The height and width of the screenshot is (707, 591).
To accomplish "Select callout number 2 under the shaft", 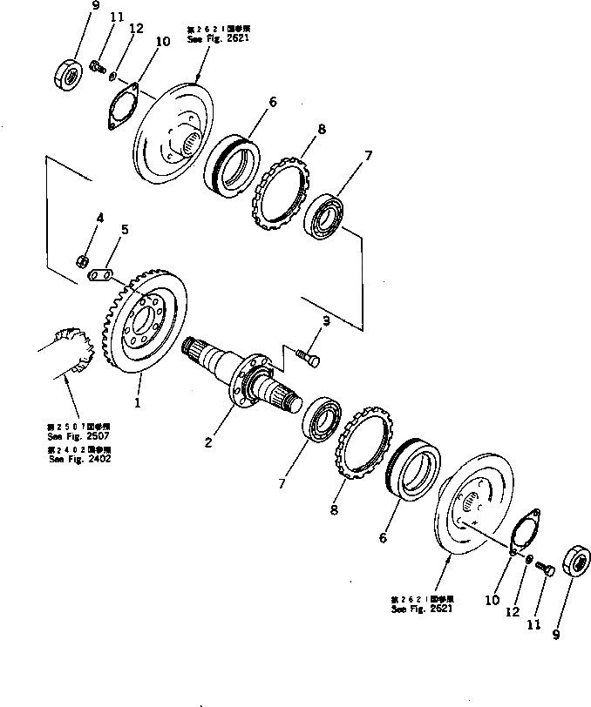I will click(208, 442).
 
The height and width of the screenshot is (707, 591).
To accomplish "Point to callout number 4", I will click(99, 219).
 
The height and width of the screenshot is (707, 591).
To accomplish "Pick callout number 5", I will click(124, 230).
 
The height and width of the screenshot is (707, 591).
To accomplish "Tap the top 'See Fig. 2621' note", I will click(210, 38).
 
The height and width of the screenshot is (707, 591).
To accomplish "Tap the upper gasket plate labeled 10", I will click(124, 109).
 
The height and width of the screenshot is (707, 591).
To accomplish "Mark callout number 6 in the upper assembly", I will click(272, 102).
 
